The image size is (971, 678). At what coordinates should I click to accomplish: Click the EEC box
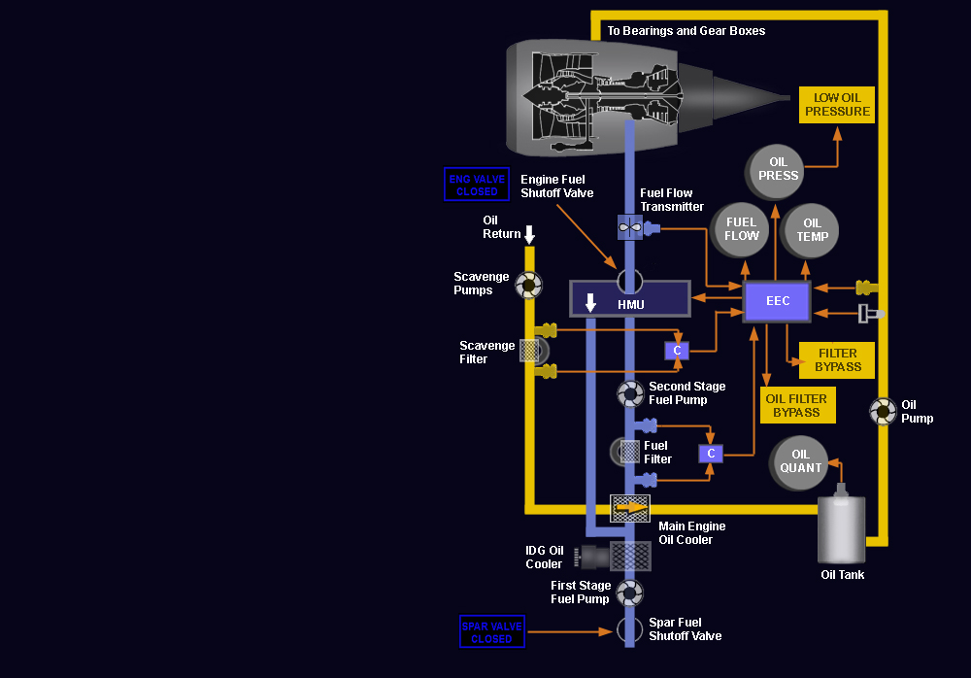pyautogui.click(x=777, y=302)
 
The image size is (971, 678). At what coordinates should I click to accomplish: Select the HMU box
pyautogui.click(x=630, y=299)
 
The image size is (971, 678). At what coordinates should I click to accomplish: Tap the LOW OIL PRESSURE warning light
pyautogui.click(x=837, y=105)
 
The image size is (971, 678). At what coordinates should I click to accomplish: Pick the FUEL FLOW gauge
pyautogui.click(x=740, y=230)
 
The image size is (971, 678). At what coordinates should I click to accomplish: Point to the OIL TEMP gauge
pyautogui.click(x=811, y=231)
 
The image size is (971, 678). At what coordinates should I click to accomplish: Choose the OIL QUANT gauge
pyautogui.click(x=799, y=462)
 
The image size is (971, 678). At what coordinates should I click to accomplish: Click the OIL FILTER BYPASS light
pyautogui.click(x=797, y=405)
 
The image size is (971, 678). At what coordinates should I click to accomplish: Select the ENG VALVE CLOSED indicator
pyautogui.click(x=477, y=184)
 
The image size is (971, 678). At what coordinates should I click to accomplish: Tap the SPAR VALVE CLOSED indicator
pyautogui.click(x=492, y=631)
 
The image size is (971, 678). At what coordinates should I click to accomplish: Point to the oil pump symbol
pyautogui.click(x=883, y=412)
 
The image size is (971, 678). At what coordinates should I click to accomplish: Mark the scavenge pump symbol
pyautogui.click(x=529, y=285)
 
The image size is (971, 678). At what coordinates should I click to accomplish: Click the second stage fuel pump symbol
pyautogui.click(x=630, y=393)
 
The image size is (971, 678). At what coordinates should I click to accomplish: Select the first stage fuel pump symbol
pyautogui.click(x=630, y=593)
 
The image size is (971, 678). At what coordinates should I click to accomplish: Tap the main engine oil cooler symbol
pyautogui.click(x=630, y=508)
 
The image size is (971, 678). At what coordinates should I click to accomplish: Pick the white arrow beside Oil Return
pyautogui.click(x=529, y=234)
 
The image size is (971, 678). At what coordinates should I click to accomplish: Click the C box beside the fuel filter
pyautogui.click(x=711, y=454)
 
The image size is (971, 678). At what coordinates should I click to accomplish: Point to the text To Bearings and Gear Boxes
pyautogui.click(x=686, y=31)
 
